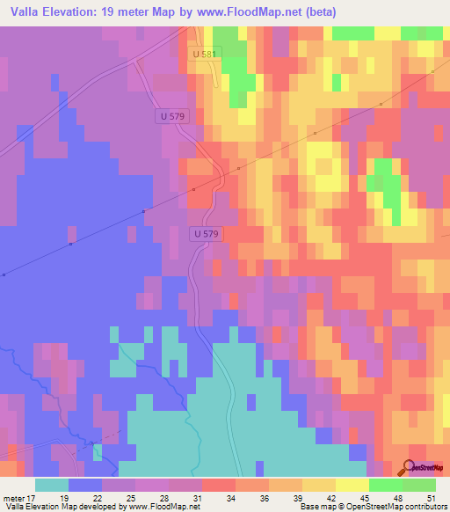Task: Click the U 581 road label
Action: [x=204, y=54]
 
